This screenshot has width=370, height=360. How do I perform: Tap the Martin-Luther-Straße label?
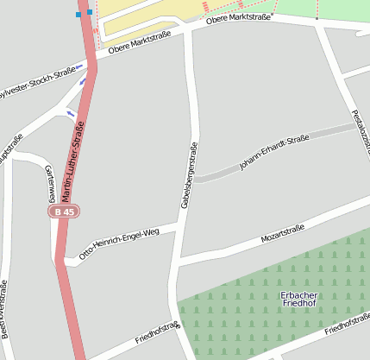click(73, 161)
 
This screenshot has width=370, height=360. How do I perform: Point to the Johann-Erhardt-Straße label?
click(273, 152)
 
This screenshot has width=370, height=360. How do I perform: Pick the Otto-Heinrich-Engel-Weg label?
click(119, 243)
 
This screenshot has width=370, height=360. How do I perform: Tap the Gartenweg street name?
click(49, 184)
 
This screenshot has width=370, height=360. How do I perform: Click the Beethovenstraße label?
click(4, 307)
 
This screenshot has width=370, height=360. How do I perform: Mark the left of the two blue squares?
click(79, 14)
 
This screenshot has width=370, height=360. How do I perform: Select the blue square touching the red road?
click(89, 12)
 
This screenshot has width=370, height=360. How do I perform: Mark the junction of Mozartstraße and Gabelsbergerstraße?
click(177, 259)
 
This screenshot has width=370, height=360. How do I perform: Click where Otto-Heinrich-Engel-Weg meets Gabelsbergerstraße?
click(180, 224)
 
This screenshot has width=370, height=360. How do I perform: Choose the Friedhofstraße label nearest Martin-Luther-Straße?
click(156, 332)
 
